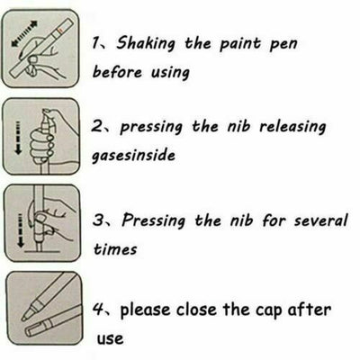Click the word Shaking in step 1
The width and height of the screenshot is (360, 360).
click(146, 43)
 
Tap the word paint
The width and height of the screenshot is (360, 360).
click(240, 44)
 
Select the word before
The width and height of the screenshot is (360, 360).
click(117, 72)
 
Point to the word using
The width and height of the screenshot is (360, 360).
click(170, 73)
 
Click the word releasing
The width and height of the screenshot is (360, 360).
click(292, 127)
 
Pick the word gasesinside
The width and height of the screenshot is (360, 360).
click(133, 156)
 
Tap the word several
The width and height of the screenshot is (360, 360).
click(320, 220)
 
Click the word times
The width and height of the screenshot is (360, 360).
click(115, 248)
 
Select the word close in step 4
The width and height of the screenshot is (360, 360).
click(196, 310)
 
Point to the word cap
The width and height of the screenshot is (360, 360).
click(268, 310)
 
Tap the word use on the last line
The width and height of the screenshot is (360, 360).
click(110, 338)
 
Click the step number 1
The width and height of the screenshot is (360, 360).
click(95, 43)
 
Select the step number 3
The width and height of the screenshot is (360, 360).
click(98, 220)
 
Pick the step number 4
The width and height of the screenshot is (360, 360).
click(97, 309)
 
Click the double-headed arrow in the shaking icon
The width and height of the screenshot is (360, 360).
click(24, 33)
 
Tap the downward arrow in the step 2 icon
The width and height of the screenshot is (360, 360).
click(18, 138)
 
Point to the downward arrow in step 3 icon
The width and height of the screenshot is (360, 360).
click(20, 230)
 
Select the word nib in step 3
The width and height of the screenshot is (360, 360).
click(241, 220)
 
